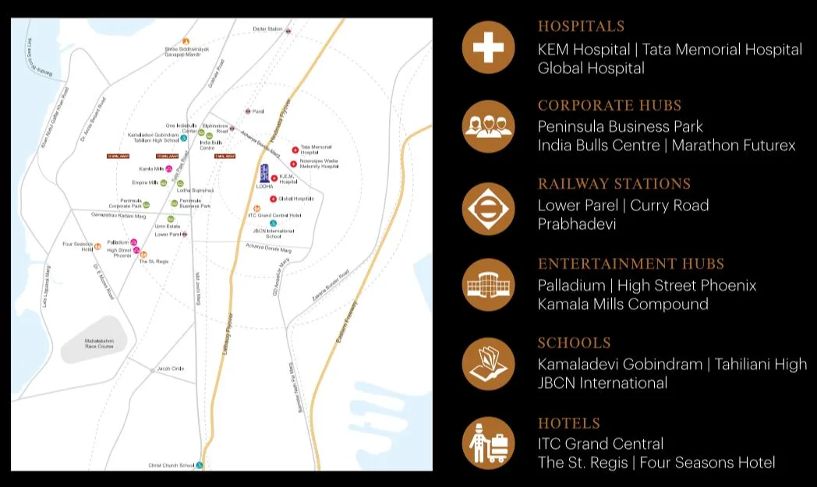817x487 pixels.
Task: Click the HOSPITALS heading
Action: (581, 26)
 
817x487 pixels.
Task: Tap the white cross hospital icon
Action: (488, 47)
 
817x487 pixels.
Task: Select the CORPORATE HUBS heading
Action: (610, 105)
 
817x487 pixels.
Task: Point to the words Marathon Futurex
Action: (734, 146)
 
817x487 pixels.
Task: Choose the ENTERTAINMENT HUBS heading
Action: (631, 263)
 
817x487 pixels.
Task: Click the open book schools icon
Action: (488, 364)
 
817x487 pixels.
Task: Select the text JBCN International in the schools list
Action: (602, 383)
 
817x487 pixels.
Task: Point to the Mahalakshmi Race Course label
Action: (99, 343)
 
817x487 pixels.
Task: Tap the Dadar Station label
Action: (267, 29)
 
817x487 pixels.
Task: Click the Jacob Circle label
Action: (170, 368)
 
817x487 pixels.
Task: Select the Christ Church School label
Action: (172, 465)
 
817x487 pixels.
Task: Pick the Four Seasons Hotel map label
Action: (77, 246)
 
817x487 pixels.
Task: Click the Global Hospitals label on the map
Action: (295, 199)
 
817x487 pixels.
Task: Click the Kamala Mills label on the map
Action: (150, 168)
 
